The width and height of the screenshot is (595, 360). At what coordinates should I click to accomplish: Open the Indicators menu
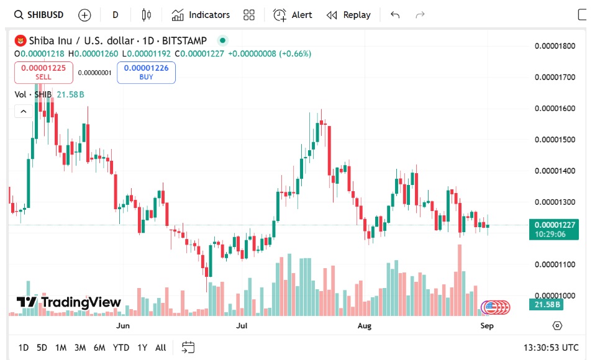coord(201,15)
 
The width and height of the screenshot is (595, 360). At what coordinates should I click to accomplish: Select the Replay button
coord(348,15)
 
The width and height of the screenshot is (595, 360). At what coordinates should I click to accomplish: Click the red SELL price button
coord(43,72)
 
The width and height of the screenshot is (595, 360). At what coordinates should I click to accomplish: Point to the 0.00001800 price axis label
coord(555,46)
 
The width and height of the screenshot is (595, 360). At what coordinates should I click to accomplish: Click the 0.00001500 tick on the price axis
coord(555,140)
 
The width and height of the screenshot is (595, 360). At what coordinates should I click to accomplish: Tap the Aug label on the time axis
coord(365,325)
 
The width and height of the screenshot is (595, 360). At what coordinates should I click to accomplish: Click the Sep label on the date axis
coord(487,325)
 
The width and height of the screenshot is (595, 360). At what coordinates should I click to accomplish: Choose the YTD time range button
coord(121,348)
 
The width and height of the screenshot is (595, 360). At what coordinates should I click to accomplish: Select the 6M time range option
coord(99,348)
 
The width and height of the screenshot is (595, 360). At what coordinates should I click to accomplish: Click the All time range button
coord(160,348)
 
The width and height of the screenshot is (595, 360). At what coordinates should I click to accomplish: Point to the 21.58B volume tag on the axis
coord(545,304)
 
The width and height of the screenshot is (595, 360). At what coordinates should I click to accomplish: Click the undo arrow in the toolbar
coord(395,15)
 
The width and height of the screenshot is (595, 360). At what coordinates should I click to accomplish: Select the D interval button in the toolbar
coord(116,15)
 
